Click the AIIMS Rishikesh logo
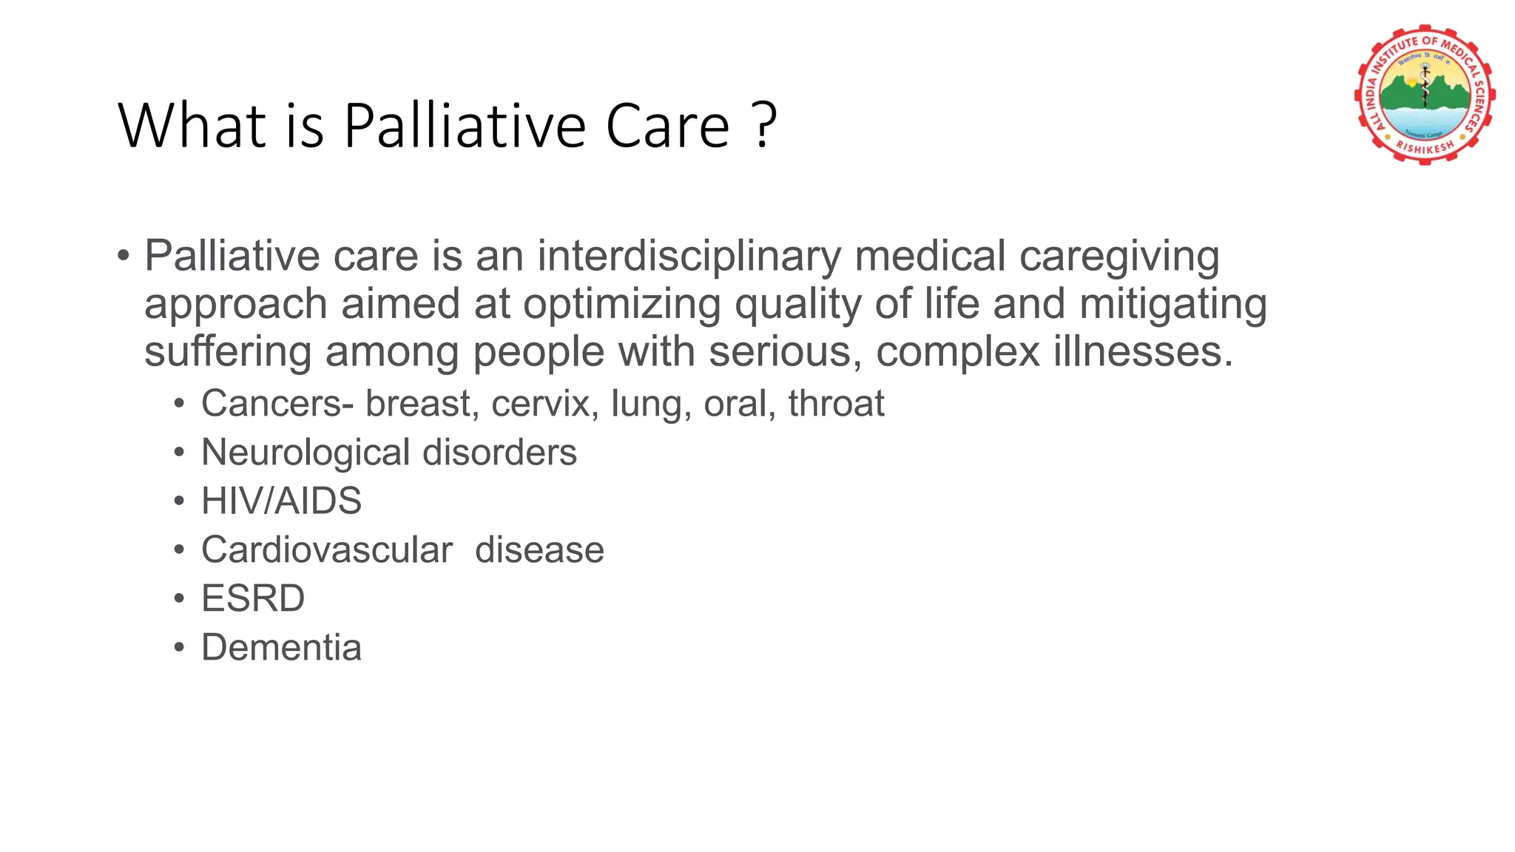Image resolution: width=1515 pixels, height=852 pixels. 1424,95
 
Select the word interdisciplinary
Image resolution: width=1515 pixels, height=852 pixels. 689,257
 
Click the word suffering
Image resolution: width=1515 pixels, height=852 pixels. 227,352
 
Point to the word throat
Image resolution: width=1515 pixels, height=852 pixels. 836,404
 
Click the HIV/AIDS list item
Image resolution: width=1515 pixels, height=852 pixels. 281,501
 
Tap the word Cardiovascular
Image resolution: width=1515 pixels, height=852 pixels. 326,550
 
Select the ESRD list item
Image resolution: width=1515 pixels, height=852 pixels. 253,599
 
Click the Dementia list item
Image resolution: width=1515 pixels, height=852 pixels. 281,648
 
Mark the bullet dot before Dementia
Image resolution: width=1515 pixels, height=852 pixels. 179,649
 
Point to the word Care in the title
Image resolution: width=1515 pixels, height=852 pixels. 667,126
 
